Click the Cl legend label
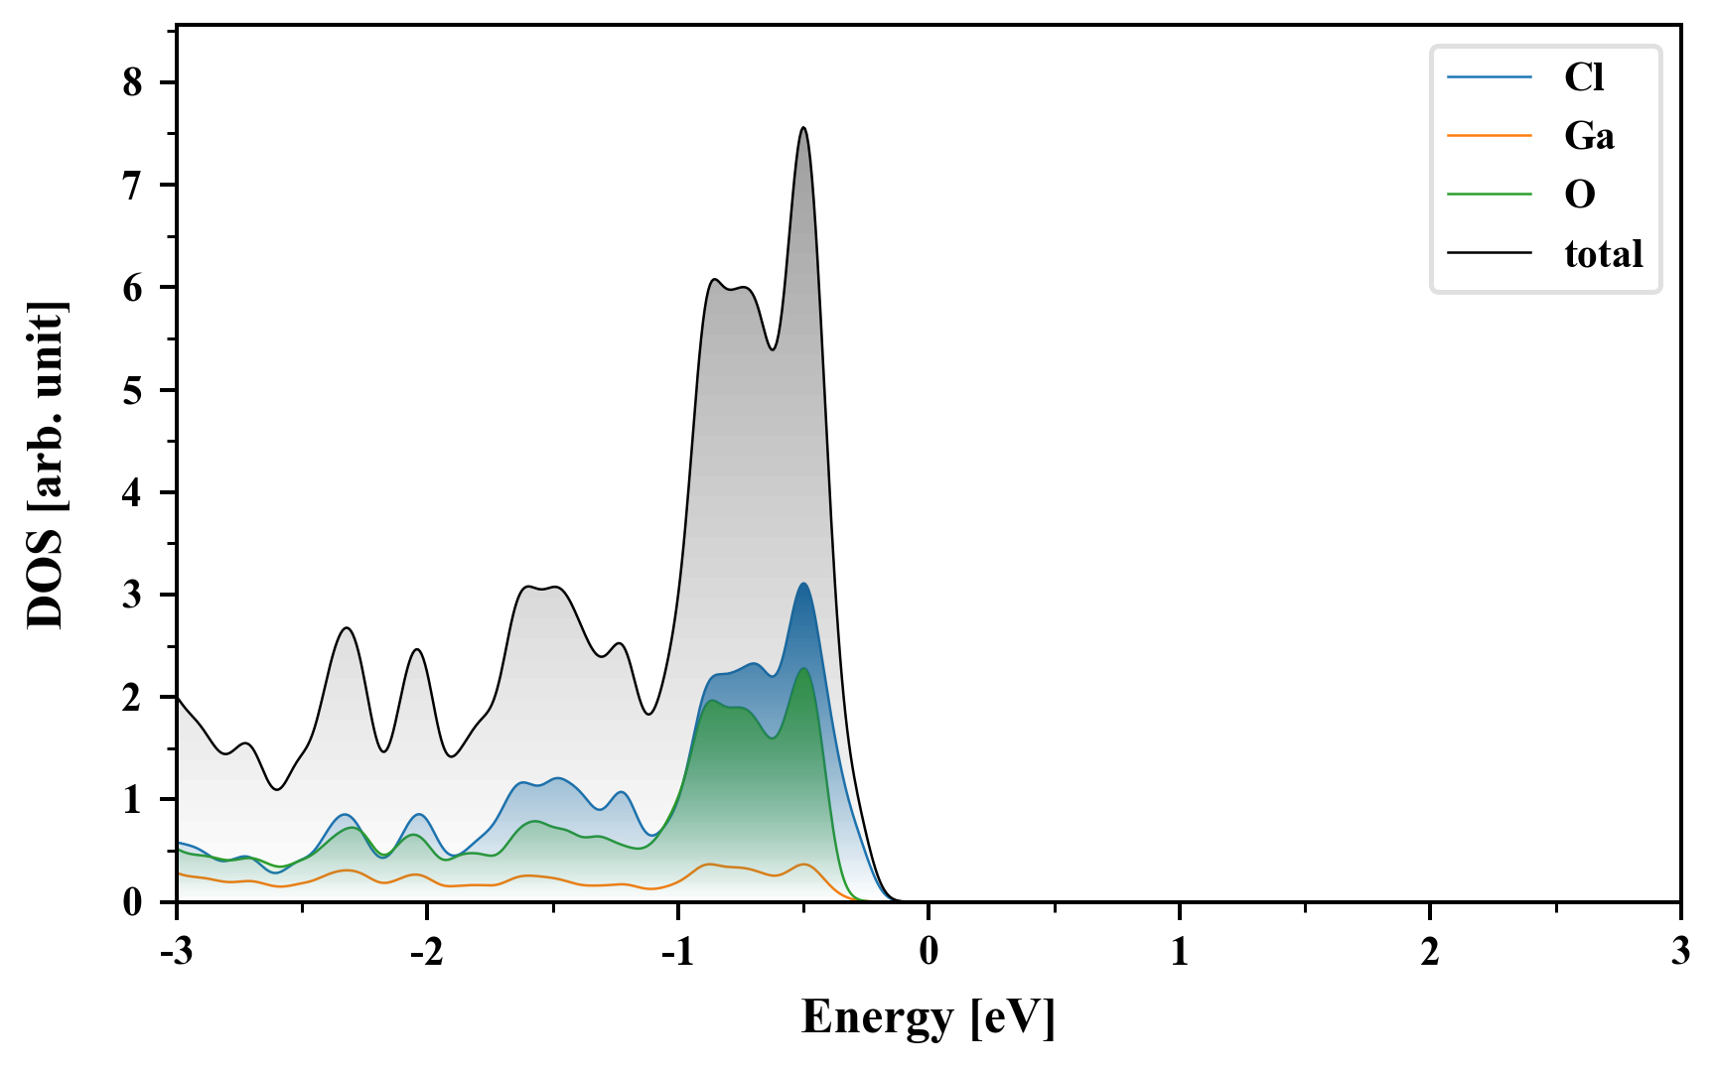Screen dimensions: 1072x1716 point(1584,77)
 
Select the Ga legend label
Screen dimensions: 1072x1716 point(1589,135)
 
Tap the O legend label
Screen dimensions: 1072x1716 point(1580,194)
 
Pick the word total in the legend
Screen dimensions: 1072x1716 point(1604,254)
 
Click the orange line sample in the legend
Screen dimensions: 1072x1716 point(1490,135)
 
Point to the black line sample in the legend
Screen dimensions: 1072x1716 point(1490,253)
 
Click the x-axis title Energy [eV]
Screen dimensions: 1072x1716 point(929,1018)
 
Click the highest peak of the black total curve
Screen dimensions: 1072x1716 point(803,128)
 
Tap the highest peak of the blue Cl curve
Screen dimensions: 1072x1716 point(803,584)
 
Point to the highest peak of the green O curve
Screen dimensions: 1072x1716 point(803,669)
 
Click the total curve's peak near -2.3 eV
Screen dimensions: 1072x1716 point(346,628)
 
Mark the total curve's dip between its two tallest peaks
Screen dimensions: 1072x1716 point(773,349)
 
